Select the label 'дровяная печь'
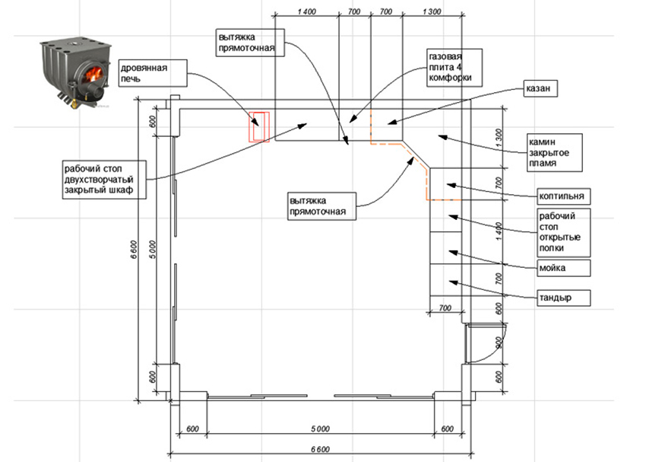point(152,73)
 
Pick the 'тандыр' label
point(562,298)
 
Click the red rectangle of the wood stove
point(260,126)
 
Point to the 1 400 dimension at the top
point(303,10)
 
